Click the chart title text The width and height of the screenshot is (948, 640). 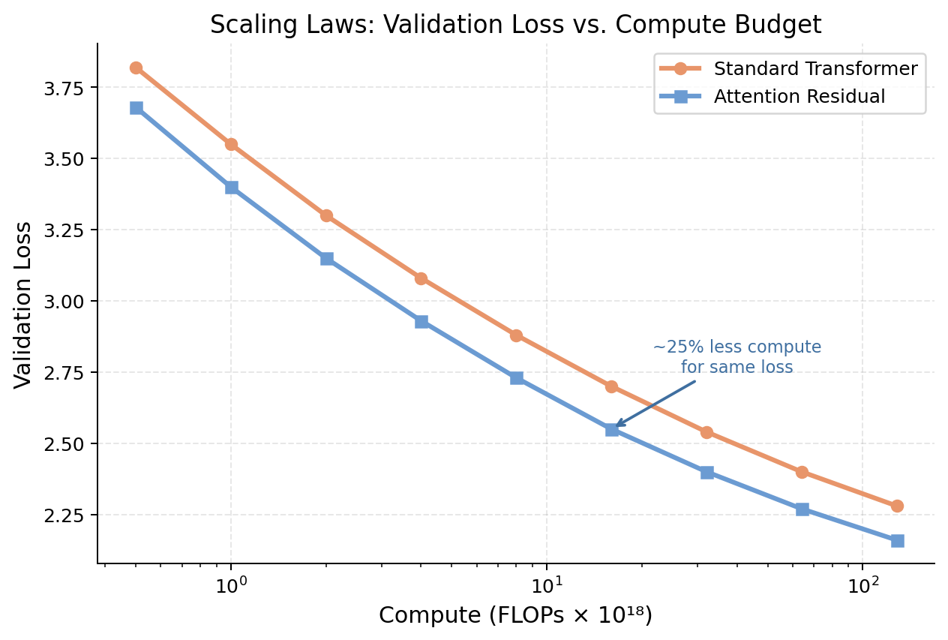515,25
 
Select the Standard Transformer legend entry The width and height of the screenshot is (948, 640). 815,69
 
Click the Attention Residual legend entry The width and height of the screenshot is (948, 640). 799,97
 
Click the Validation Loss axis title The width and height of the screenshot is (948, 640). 24,305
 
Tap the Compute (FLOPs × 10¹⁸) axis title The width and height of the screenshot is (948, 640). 515,616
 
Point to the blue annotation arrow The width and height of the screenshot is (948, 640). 655,404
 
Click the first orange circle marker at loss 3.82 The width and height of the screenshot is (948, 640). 136,68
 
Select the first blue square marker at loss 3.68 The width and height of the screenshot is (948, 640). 136,108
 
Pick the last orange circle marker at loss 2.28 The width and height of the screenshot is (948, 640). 897,506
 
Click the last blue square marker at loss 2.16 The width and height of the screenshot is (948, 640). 897,540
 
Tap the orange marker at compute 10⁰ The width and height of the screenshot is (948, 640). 231,144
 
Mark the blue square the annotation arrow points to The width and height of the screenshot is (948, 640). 612,429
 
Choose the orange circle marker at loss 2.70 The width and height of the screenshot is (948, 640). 611,386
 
